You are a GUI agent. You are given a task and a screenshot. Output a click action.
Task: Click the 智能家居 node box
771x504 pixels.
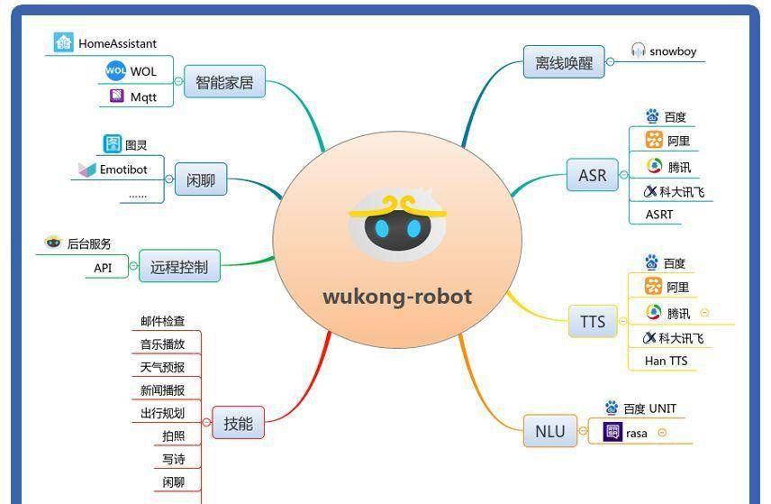[x=224, y=81]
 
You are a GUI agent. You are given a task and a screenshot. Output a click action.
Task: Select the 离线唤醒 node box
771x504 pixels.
[x=564, y=62]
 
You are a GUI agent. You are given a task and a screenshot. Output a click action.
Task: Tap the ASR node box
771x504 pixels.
[x=593, y=175]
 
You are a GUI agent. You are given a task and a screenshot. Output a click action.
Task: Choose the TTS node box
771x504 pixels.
[x=593, y=321]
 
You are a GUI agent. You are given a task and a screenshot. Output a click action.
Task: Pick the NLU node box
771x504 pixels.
[x=549, y=431]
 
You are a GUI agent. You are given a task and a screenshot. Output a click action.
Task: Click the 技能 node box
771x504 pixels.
[x=238, y=423]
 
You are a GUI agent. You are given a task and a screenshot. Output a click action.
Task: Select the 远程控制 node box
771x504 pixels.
[x=179, y=266]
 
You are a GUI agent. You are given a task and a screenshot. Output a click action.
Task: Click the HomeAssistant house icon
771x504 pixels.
[x=63, y=42]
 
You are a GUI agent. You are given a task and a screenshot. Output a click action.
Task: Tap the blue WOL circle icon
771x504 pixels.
[x=116, y=71]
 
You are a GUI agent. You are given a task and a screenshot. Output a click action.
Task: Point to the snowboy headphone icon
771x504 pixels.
[x=638, y=50]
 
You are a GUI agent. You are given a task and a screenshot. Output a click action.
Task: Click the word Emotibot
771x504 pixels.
[x=123, y=170]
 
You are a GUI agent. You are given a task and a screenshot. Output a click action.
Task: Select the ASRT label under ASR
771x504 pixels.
[x=659, y=215]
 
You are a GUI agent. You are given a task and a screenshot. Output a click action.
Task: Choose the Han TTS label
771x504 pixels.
[x=667, y=361]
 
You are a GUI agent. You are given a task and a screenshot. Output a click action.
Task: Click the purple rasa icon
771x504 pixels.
[x=612, y=432]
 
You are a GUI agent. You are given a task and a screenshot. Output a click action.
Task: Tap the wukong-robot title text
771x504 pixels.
[x=397, y=297]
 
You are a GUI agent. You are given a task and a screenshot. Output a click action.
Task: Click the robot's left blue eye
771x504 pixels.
[x=382, y=229]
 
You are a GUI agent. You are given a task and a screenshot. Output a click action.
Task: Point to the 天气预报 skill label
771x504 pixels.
[x=162, y=367]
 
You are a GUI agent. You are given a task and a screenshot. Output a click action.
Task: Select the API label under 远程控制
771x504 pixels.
[x=103, y=268]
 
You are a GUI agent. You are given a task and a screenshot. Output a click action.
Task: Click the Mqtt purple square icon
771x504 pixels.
[x=117, y=95]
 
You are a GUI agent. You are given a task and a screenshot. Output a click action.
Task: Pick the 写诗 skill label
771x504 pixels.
[x=174, y=459]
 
